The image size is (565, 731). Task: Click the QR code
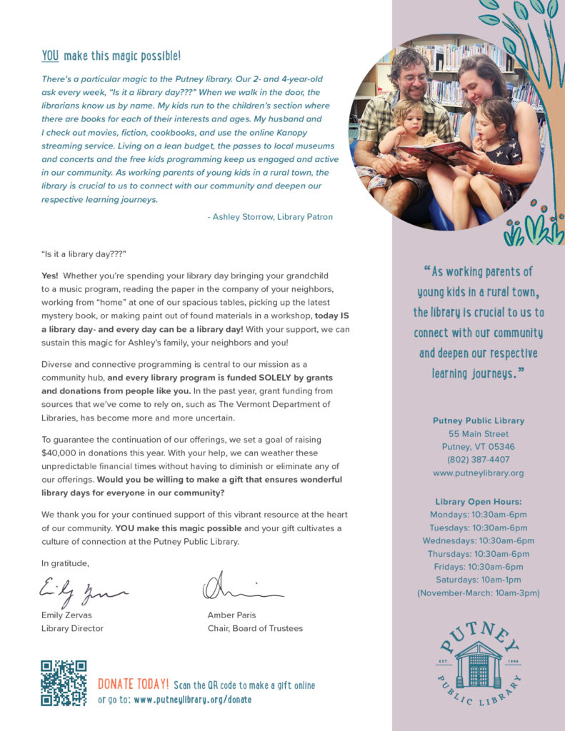tap(64, 683)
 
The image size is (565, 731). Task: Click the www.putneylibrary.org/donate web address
tap(192, 700)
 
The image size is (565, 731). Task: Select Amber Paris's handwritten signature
tap(241, 589)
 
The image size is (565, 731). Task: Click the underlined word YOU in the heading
tap(50, 56)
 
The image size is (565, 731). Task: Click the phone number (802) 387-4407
tap(478, 460)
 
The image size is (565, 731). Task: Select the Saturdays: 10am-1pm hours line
tap(478, 580)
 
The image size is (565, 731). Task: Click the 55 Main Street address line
tap(478, 434)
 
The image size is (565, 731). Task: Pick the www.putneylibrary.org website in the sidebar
tap(478, 473)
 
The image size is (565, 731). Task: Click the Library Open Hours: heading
tap(478, 502)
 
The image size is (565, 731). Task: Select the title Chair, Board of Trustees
tap(255, 628)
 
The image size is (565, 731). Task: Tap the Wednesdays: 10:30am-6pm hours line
tap(478, 540)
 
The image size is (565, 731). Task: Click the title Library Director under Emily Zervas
tap(72, 628)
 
